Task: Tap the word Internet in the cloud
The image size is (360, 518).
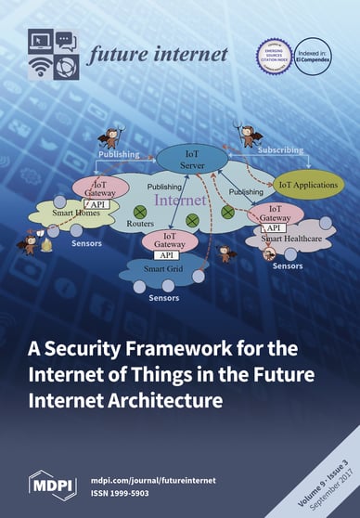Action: [x=180, y=199]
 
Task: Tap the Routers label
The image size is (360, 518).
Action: [x=138, y=225]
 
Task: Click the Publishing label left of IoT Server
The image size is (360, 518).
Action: [x=119, y=154]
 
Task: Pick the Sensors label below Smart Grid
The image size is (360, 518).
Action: [x=163, y=298]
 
